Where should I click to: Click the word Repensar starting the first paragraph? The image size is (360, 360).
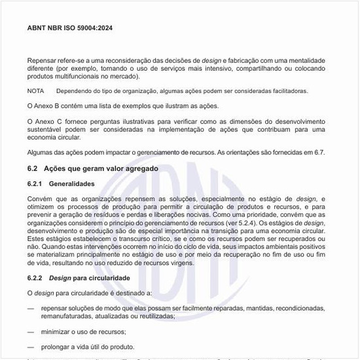coord(43,60)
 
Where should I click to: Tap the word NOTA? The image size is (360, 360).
coord(36,91)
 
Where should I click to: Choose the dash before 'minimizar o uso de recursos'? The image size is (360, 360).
coord(31,332)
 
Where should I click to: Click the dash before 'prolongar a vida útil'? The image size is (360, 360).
coord(31,347)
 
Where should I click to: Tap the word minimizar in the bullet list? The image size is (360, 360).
coord(55,332)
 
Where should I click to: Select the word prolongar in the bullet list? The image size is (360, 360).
coord(56,347)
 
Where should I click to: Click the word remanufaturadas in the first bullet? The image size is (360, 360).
coord(68,315)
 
